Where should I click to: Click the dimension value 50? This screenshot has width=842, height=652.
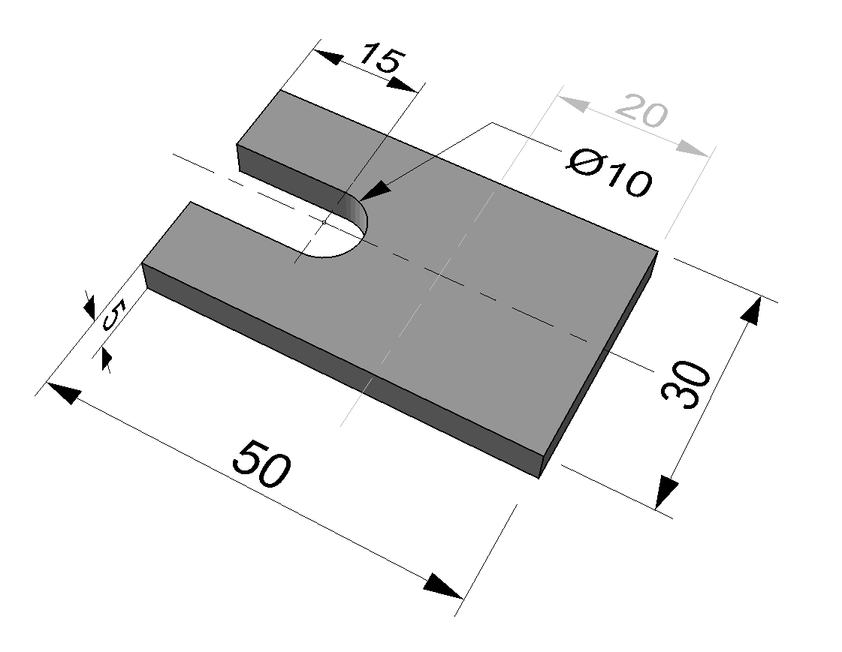tap(261, 464)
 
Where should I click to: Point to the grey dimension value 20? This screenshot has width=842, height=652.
tap(641, 110)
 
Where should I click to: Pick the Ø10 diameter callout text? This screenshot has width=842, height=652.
tap(609, 174)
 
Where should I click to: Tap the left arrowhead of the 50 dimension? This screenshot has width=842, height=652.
tap(63, 392)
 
